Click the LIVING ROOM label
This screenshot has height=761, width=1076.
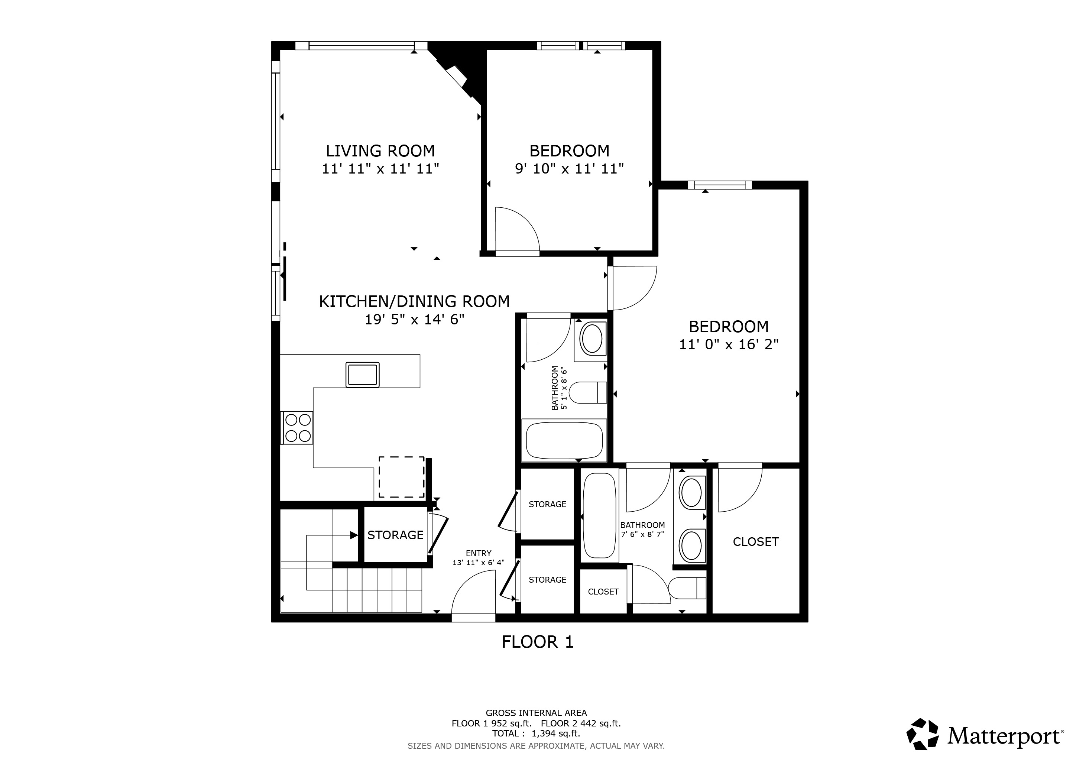pyautogui.click(x=380, y=151)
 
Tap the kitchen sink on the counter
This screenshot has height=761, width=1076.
pyautogui.click(x=362, y=375)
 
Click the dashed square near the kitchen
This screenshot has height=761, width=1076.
pyautogui.click(x=402, y=477)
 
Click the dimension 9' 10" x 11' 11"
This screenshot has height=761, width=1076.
pyautogui.click(x=570, y=169)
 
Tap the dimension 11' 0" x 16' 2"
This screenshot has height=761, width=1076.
pyautogui.click(x=728, y=345)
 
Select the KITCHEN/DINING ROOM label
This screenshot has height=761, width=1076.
pyautogui.click(x=414, y=301)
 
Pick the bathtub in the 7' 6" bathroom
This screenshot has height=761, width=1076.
pyautogui.click(x=599, y=515)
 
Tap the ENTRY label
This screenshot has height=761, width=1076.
pyautogui.click(x=479, y=553)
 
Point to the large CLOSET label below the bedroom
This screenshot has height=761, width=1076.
pyautogui.click(x=755, y=542)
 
